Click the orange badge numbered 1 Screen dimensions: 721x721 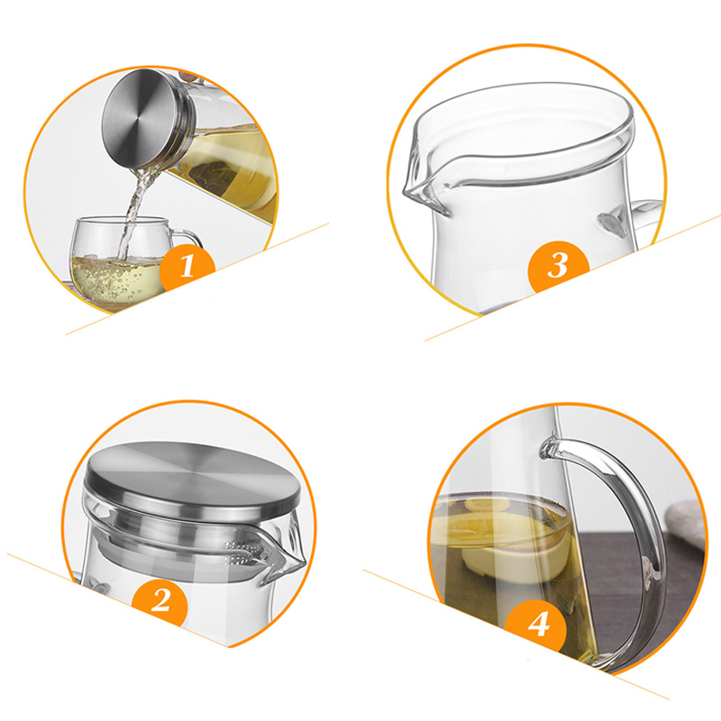[x=187, y=268]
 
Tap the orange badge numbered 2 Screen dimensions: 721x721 [x=160, y=600]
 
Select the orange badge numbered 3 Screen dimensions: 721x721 [x=558, y=266]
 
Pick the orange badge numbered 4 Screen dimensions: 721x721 [x=538, y=625]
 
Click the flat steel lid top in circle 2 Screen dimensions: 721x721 [x=192, y=479]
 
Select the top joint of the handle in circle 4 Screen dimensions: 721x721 [x=552, y=447]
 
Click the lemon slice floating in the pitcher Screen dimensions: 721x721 [x=488, y=505]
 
